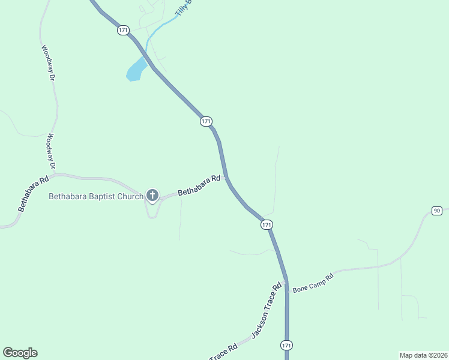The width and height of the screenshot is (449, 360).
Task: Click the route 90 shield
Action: [436, 210]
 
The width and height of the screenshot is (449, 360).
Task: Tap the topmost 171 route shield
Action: [123, 30]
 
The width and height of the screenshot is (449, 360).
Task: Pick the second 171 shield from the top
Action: [206, 121]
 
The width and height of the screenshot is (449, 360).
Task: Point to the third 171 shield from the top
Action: [267, 224]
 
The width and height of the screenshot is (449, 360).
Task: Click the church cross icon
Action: [152, 195]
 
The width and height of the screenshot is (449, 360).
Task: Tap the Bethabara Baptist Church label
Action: [96, 196]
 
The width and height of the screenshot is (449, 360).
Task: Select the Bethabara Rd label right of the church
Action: [199, 185]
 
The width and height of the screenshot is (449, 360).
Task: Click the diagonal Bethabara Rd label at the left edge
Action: [33, 194]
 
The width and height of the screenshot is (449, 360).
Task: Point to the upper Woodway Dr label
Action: [47, 62]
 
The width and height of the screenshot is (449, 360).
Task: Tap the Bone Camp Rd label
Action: [313, 283]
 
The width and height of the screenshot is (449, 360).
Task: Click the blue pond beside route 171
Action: [136, 70]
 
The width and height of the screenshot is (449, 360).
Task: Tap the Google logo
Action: [20, 353]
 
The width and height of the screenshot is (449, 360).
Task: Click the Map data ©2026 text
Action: [423, 355]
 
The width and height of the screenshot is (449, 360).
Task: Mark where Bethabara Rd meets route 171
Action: [226, 178]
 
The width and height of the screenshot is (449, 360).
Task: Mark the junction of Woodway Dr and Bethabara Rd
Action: [53, 176]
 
